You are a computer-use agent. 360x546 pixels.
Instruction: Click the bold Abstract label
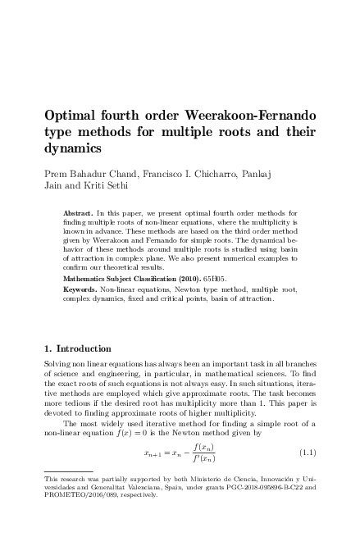point(77,212)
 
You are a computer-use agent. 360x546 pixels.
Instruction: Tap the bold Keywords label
point(80,289)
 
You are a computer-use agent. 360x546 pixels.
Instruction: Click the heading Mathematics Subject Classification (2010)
point(138,278)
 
